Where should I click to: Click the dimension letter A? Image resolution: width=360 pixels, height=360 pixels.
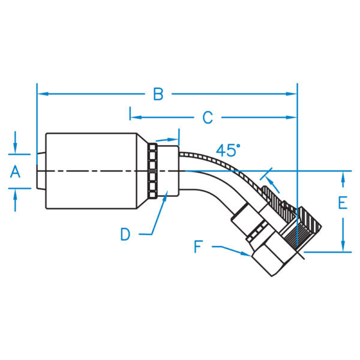coord(16,172)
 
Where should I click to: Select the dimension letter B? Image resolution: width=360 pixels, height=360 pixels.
coord(158,94)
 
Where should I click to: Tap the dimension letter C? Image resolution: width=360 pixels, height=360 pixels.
coord(207,118)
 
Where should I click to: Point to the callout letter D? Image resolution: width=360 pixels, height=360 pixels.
coord(125,234)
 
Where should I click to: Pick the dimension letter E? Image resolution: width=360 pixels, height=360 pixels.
coord(342,203)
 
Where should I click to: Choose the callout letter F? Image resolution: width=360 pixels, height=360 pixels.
coord(199,246)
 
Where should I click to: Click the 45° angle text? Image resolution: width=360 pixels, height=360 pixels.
coord(228,150)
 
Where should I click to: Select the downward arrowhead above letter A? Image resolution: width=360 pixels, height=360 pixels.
coord(16,150)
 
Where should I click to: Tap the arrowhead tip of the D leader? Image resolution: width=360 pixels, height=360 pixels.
coord(167,194)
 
